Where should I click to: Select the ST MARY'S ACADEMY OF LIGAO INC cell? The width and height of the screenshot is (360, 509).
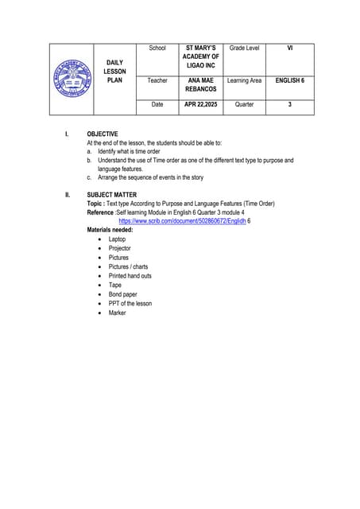click(200, 56)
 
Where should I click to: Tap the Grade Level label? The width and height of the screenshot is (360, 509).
click(244, 49)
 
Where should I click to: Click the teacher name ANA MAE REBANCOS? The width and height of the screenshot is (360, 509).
click(200, 85)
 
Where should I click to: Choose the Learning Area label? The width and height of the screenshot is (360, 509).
click(244, 81)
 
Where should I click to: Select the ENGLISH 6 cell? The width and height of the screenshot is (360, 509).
click(289, 81)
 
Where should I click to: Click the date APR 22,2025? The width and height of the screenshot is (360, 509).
click(200, 104)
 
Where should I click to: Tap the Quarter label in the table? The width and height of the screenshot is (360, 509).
click(244, 104)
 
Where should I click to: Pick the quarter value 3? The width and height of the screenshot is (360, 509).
click(289, 104)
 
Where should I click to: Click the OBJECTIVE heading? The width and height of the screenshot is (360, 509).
click(103, 134)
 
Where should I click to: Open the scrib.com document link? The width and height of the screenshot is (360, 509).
click(182, 221)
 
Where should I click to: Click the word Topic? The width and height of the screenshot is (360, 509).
click(96, 204)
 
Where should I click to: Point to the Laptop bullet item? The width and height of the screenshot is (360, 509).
click(117, 239)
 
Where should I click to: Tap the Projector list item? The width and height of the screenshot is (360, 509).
click(120, 248)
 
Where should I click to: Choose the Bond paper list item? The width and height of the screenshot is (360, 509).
click(123, 294)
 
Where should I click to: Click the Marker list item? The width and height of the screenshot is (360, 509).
click(118, 313)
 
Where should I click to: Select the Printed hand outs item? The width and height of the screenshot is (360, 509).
click(130, 276)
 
